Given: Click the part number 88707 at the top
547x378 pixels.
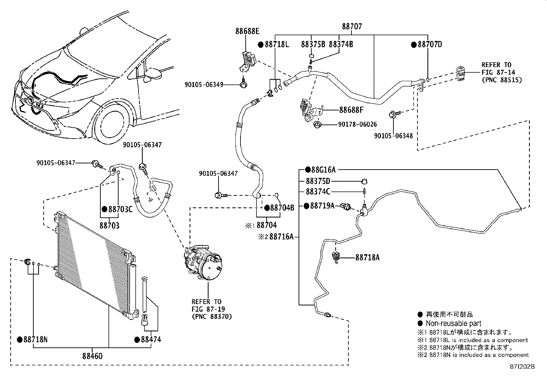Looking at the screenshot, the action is pos(352,26).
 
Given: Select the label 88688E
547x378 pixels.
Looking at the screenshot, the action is pos(247,31).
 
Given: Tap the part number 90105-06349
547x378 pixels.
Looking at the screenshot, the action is pos(204,85).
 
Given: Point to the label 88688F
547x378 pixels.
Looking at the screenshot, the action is pos(351,110).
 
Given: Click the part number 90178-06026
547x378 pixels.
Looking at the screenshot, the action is pos(357,125).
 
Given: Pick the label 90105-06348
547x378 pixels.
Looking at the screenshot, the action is pos(393,136).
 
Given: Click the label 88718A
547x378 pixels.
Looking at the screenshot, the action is pos(368,258).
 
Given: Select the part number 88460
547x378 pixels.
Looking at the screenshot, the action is pos(92,356).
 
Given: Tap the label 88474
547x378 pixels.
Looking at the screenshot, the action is pos(151,339).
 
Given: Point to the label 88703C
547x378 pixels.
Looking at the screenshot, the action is pos(120,209).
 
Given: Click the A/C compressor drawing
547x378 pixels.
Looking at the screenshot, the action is pos(203,262).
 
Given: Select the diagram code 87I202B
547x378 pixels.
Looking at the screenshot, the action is pos(522,367).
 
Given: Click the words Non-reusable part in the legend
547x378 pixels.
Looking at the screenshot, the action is pos(454,323).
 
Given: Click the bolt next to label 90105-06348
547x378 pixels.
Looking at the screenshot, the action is pos(395,114).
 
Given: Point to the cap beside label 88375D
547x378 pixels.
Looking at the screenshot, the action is pos(364,181).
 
